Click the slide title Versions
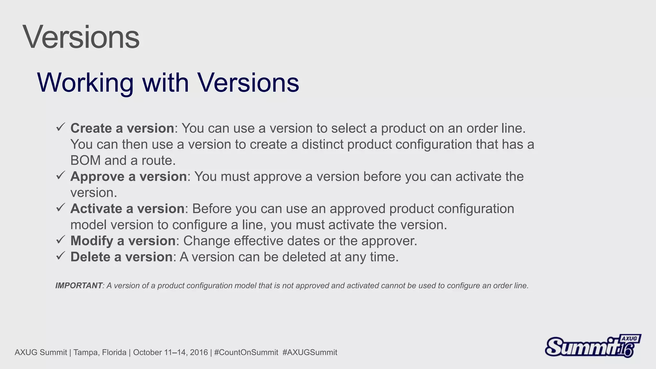[81, 37]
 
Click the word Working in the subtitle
[85, 83]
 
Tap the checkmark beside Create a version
[61, 127]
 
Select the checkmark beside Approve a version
[61, 175]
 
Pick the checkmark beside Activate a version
[61, 207]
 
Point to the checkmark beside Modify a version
[61, 240]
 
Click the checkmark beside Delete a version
[61, 256]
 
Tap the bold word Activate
[96, 209]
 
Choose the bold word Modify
[92, 241]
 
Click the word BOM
[86, 160]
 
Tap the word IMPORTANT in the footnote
[79, 285]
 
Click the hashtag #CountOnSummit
[246, 352]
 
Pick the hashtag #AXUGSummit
[310, 352]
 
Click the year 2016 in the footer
[199, 352]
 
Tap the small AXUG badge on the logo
[629, 339]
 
